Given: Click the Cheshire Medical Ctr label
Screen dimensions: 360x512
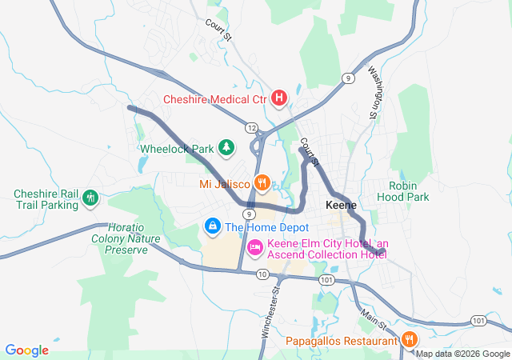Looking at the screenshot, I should [x=214, y=100].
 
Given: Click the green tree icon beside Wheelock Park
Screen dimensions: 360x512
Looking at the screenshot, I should [x=227, y=147].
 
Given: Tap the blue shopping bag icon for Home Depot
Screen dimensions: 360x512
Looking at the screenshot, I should [x=212, y=227].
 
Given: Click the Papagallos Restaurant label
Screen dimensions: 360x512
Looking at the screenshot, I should [x=342, y=341].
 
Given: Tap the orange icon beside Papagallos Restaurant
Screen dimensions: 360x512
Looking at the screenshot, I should [x=409, y=340].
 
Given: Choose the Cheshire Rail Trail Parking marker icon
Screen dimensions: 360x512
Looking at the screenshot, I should [x=90, y=198].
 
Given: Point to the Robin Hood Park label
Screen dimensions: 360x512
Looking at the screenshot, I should [x=409, y=191].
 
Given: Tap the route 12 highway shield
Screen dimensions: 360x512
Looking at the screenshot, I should [x=251, y=128].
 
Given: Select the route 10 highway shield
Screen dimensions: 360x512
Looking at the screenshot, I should [x=262, y=274].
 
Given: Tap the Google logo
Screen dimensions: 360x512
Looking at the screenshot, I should [x=26, y=350].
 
